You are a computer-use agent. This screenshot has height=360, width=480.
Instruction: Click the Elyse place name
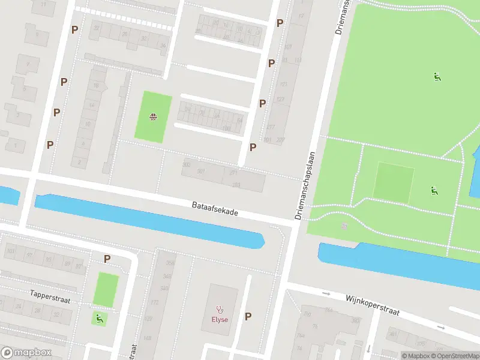pos(219,319)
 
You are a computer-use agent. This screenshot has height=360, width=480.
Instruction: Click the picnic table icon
pos(153,117)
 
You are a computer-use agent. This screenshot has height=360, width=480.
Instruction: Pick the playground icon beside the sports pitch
pos(433,191)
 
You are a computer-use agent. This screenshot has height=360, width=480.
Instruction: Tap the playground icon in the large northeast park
pos(437,76)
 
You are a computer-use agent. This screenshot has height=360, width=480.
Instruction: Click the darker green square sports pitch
pos(394,182)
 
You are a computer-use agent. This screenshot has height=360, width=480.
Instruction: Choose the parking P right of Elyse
pos(248,316)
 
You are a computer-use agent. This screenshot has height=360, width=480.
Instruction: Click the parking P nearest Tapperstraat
pos(107,259)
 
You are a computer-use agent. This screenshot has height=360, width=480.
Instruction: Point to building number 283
pos(236,185)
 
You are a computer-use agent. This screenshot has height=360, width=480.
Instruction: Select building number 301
pos(201,171)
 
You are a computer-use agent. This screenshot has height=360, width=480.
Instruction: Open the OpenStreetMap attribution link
pos(455,356)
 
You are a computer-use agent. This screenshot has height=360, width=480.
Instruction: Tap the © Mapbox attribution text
pos(418,356)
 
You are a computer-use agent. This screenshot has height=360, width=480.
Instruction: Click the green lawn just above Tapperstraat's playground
pos(106,289)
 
